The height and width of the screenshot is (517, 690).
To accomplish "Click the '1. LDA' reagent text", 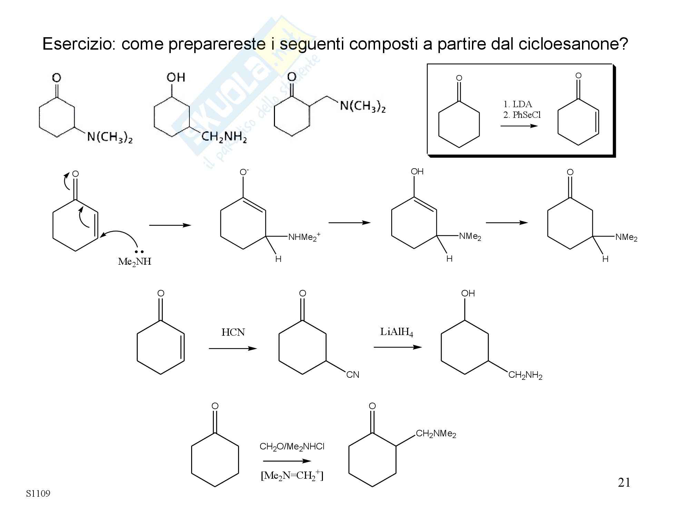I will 517,104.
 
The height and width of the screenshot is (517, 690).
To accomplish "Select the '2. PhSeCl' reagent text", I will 522,115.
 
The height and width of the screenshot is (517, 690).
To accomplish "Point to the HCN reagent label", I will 233,332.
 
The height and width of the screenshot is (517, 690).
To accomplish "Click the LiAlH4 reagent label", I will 396,332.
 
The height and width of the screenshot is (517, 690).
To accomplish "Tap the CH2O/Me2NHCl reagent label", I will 292,447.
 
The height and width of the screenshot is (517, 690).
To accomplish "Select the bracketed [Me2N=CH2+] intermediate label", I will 292,476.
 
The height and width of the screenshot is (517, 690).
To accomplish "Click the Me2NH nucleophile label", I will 135,262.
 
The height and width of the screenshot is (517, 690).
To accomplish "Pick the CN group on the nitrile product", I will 353,375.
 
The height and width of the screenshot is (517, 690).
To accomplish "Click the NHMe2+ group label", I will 304,237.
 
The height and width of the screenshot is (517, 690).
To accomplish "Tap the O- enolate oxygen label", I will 244,172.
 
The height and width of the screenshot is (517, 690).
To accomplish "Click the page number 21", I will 624,483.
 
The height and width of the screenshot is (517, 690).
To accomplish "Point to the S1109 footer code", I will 38,494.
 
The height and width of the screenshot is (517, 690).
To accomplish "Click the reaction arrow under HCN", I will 233,348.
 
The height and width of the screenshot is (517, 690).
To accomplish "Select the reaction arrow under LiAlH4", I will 397,347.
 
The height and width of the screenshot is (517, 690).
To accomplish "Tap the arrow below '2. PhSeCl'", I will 519,126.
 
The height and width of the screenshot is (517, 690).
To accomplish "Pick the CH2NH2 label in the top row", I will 224,137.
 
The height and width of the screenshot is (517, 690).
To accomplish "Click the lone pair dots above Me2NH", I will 139,252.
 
